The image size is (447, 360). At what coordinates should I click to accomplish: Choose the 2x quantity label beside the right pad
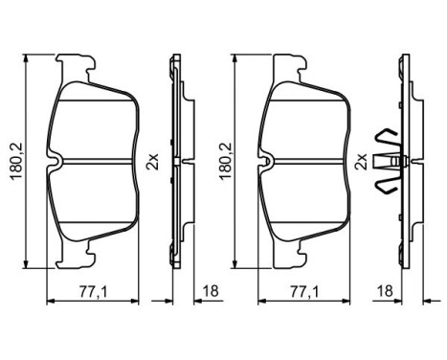(363, 163)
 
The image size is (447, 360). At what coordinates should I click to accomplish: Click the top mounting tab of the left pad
(76, 67)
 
